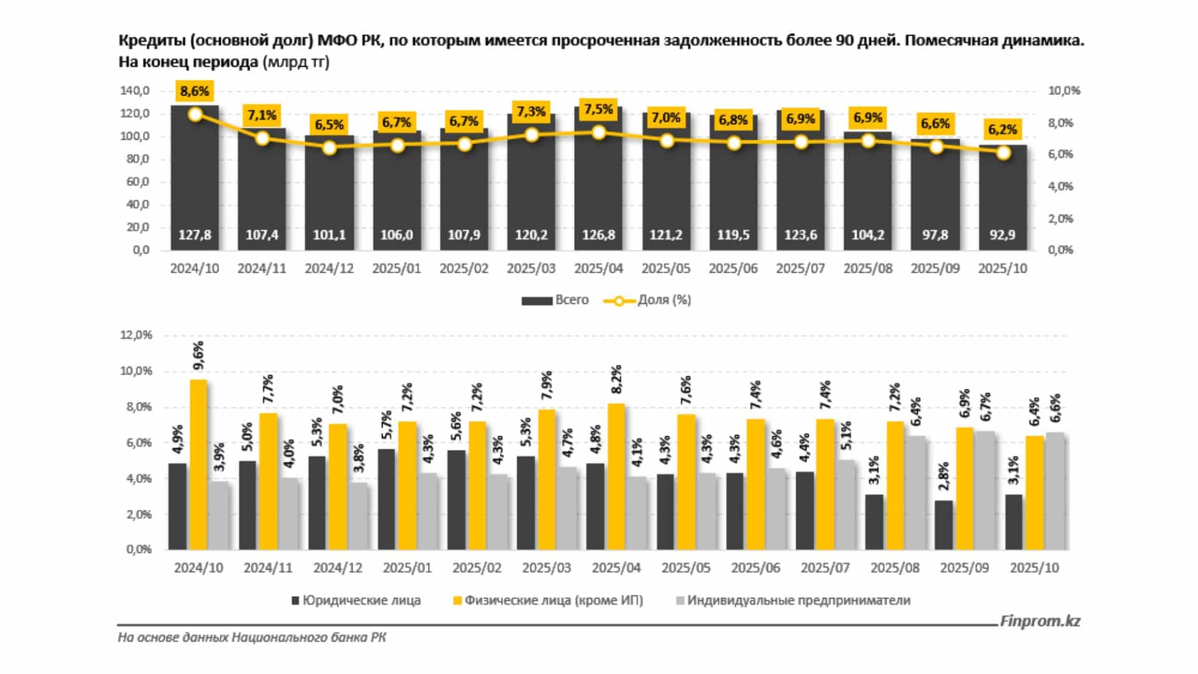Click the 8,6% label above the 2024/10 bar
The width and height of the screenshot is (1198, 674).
(x=195, y=91)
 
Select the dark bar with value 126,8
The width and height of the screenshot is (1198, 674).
(x=598, y=181)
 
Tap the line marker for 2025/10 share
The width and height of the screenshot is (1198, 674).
(x=1003, y=152)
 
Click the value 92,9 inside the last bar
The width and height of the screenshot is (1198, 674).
(x=1002, y=235)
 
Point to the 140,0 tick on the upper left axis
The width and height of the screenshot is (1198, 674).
(x=135, y=91)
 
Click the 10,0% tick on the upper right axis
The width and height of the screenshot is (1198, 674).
(x=1064, y=91)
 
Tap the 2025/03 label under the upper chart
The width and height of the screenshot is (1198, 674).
(x=531, y=268)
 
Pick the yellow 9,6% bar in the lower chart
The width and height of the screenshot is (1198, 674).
(x=198, y=465)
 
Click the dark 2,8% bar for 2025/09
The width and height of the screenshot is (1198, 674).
(x=943, y=525)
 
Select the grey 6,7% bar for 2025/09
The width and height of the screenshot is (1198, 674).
(x=986, y=490)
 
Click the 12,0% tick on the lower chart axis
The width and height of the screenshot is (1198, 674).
(x=136, y=335)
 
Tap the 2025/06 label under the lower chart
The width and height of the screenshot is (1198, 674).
(x=755, y=568)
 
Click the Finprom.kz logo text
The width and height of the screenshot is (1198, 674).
(x=1040, y=621)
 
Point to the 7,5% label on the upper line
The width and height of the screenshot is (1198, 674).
(x=598, y=109)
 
